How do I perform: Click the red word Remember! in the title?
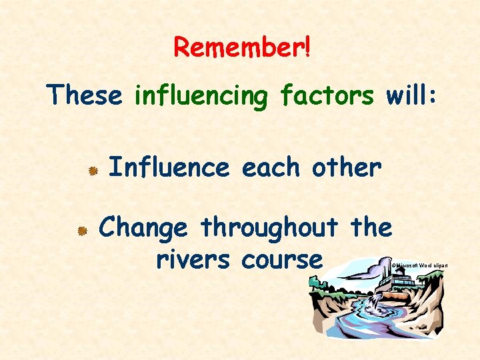coord(242,47)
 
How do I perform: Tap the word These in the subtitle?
coord(85,95)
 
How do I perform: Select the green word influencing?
coord(201,97)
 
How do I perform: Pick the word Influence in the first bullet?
coord(168,167)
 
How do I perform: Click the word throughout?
coord(269,229)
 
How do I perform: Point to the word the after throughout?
coord(371,227)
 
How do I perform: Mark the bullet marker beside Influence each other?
coord(94,171)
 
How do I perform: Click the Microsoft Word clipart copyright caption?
coord(419,265)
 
